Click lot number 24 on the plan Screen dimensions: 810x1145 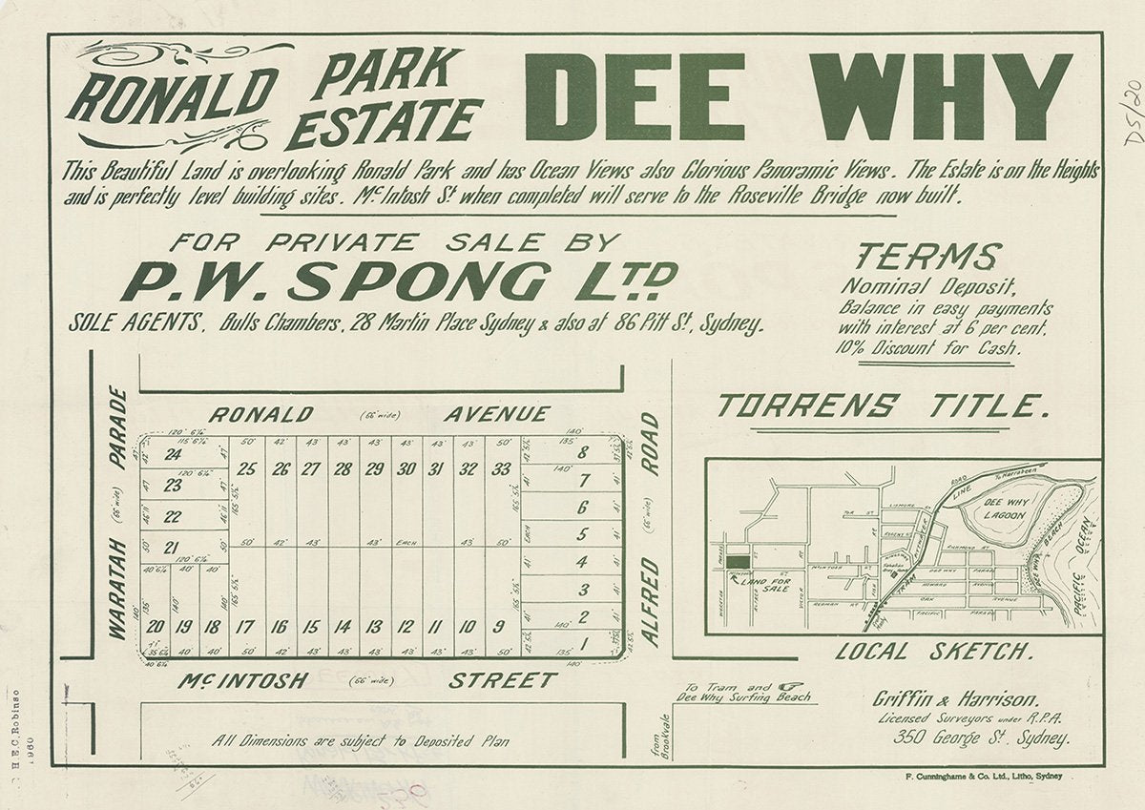[173, 454]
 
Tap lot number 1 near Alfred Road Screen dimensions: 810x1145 [583, 643]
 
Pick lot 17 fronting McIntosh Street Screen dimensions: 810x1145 [246, 627]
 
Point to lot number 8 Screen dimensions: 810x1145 [583, 453]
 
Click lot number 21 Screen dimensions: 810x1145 [172, 547]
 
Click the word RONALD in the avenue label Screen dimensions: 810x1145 [260, 414]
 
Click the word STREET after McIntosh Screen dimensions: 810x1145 [503, 680]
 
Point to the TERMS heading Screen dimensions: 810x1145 [927, 257]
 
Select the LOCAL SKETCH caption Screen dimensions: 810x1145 [933, 653]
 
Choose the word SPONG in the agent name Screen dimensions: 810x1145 [418, 281]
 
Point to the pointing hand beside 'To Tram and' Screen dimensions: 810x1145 [790, 685]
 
